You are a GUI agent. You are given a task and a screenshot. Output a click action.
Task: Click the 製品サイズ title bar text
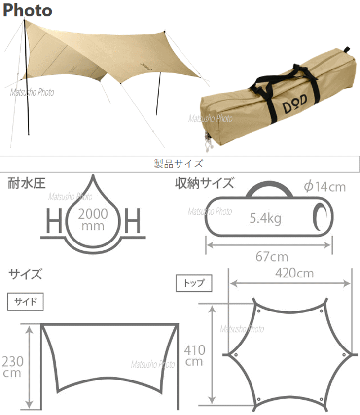click(x=178, y=164)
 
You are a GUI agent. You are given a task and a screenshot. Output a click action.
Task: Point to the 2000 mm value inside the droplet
click(x=93, y=219)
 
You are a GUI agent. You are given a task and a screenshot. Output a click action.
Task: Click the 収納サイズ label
click(x=204, y=183)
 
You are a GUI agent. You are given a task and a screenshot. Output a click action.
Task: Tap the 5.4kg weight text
click(x=265, y=218)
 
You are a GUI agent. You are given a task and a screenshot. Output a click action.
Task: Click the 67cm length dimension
click(x=271, y=257)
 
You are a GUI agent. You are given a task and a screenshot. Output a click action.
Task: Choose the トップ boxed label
click(x=194, y=283)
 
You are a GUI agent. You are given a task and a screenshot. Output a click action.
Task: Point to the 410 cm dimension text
click(x=194, y=355)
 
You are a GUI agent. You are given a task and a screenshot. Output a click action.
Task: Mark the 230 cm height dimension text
click(x=12, y=366)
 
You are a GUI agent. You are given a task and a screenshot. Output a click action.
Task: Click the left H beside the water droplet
click(x=52, y=222)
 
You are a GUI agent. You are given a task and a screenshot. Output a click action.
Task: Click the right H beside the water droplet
click(x=133, y=222)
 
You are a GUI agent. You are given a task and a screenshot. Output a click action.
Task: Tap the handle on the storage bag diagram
click(x=270, y=189)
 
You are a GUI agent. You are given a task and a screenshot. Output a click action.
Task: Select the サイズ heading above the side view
click(x=25, y=274)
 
